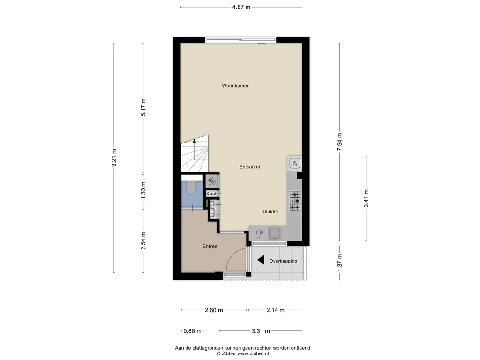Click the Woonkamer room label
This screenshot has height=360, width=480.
click(x=235, y=86)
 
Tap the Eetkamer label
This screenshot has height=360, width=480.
click(x=250, y=167)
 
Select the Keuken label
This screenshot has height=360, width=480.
click(x=270, y=211)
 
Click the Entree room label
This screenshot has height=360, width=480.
click(x=210, y=246)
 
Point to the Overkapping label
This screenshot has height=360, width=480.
click(x=283, y=261)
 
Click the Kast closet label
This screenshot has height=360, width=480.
click(x=211, y=194)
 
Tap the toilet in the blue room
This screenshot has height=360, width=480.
click(x=192, y=187)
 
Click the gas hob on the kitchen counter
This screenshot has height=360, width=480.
click(x=295, y=201)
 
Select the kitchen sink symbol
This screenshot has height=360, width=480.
click(x=275, y=233)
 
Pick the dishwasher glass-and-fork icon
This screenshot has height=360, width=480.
click(x=259, y=233)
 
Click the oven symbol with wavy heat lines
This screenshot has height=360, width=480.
click(x=294, y=164)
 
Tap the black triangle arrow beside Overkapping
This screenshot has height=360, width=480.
click(x=261, y=260)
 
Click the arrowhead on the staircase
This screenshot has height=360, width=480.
click(x=194, y=141)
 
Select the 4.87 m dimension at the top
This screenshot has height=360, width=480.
click(x=241, y=7)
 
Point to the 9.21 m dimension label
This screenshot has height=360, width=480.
click(x=114, y=157)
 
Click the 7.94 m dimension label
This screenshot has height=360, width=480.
click(x=339, y=142)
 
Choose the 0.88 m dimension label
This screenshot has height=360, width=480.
click(x=193, y=331)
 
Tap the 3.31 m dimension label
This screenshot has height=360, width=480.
click(x=261, y=331)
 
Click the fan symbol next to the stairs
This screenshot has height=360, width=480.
click(x=211, y=181)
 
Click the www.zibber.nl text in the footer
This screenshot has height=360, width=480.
click(x=253, y=353)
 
